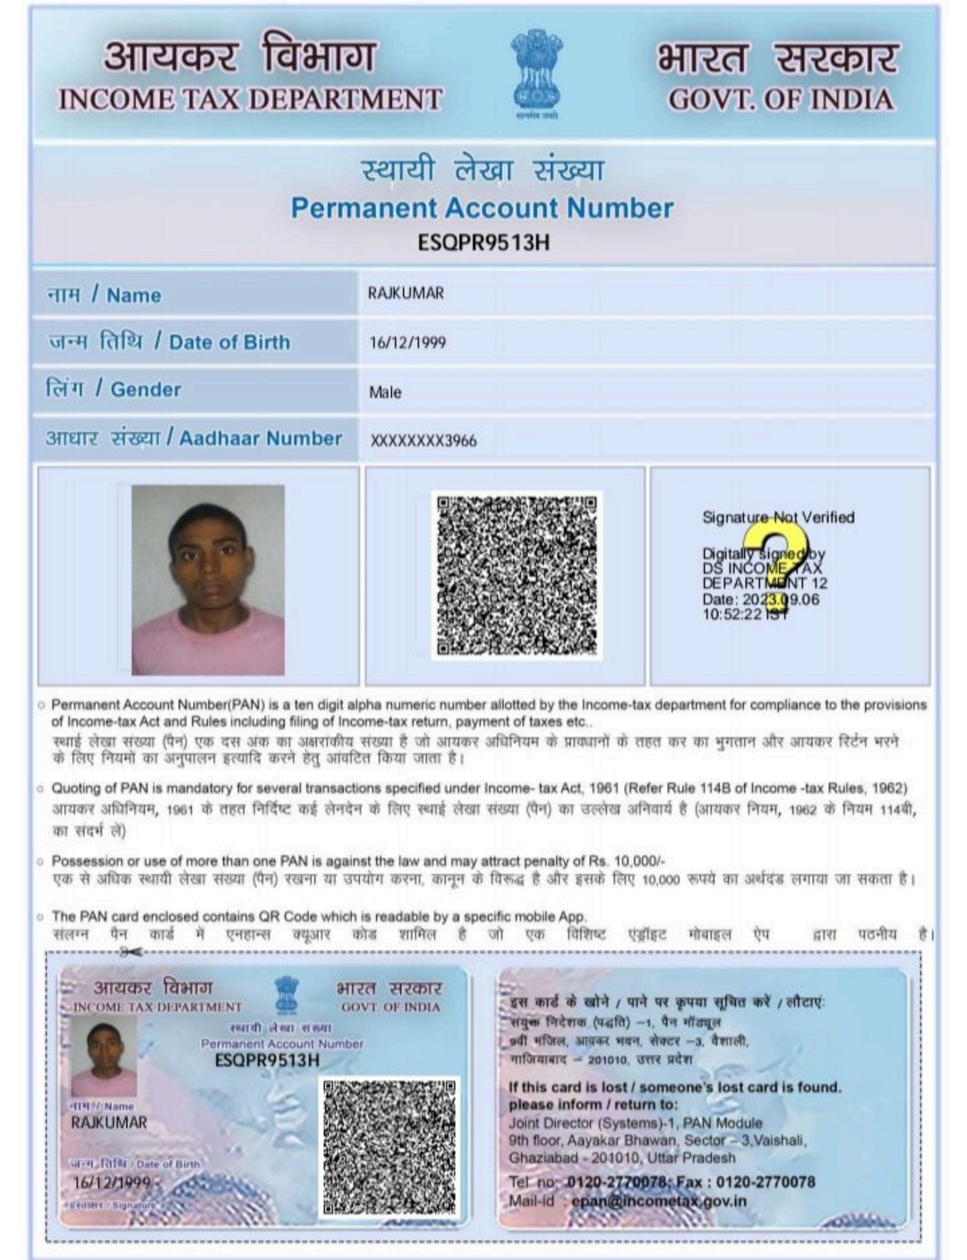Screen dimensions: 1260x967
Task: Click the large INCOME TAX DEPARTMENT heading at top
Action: click(x=250, y=99)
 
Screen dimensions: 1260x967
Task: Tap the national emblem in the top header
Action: click(x=536, y=71)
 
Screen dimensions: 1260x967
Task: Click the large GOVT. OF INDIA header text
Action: click(x=781, y=99)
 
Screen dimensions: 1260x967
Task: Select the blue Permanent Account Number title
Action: click(x=482, y=208)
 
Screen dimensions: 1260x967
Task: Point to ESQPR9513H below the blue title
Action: click(x=483, y=243)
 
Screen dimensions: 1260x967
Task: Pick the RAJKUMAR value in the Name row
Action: click(x=406, y=294)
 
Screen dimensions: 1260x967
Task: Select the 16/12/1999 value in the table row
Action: click(x=407, y=343)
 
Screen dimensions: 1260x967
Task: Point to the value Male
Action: click(x=385, y=392)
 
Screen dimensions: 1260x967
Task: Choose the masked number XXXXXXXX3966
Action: click(x=424, y=440)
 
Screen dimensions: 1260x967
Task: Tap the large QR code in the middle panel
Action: click(x=517, y=575)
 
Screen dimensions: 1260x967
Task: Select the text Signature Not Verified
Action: click(x=778, y=517)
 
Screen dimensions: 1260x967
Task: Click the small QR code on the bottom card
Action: click(x=389, y=1147)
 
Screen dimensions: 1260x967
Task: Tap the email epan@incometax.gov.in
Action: click(x=658, y=1201)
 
